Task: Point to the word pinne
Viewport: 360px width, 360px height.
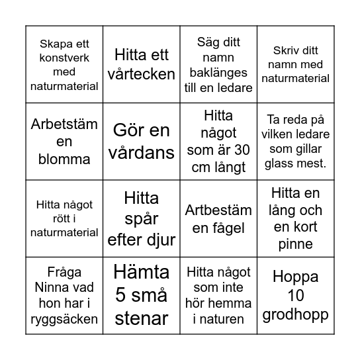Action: tap(294, 244)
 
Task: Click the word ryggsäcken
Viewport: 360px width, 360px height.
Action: tap(64, 320)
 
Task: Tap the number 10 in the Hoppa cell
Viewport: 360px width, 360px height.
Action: tap(294, 295)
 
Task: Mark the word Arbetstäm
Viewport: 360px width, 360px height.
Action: tap(65, 123)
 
